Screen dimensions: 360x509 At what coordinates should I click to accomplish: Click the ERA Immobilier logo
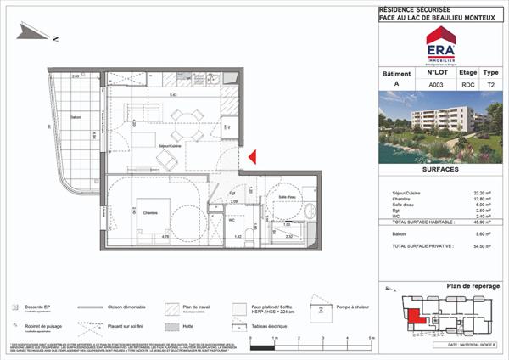click(440, 45)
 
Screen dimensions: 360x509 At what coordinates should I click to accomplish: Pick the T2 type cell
click(490, 85)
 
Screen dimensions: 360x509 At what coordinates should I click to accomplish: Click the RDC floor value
click(467, 85)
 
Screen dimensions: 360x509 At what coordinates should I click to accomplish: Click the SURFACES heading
click(440, 169)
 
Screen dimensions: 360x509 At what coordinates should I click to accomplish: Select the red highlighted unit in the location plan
click(417, 318)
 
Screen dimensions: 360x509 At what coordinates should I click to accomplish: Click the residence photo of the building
click(440, 128)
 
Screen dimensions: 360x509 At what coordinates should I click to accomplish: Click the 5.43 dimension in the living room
click(173, 95)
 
